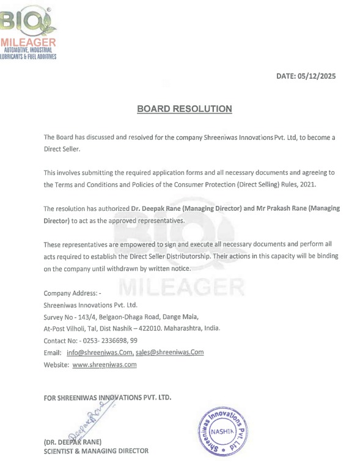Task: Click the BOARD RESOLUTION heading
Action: coord(185,109)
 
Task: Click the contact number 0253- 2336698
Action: coord(102,340)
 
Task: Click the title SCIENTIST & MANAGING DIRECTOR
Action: coord(95,451)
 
